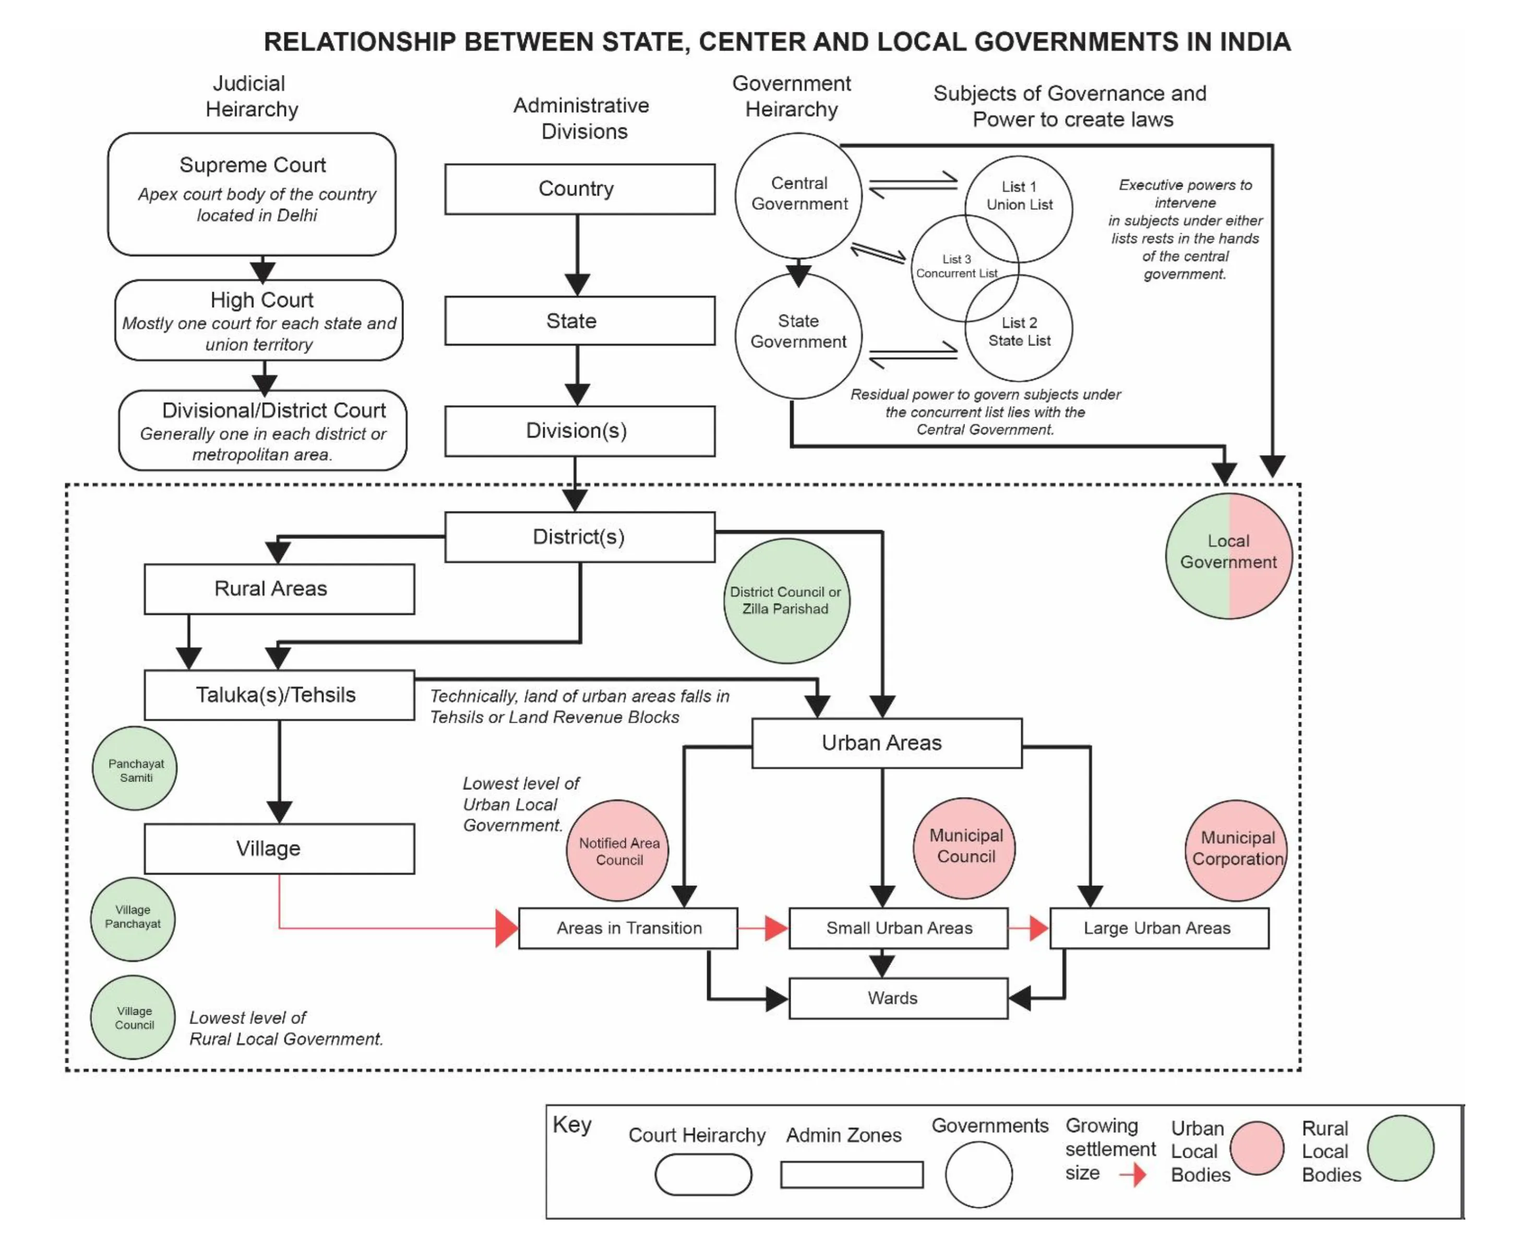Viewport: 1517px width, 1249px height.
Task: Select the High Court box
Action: pos(258,320)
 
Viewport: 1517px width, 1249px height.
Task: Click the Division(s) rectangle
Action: pos(579,431)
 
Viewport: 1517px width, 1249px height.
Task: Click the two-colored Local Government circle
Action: pos(1228,556)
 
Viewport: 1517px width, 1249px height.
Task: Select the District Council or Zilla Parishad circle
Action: pos(786,601)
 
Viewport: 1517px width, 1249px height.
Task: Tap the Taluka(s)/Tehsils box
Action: pos(279,695)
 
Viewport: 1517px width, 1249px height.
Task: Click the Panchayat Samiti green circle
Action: pos(135,768)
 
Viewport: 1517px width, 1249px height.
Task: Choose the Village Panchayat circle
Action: pos(133,919)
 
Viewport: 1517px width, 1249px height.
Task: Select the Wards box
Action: pos(898,998)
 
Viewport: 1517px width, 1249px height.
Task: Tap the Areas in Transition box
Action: pos(628,928)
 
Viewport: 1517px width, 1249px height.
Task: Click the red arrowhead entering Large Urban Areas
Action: pos(1038,928)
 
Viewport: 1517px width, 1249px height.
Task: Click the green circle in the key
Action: pos(1400,1148)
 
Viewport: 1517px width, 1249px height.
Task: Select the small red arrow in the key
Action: pos(1135,1175)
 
